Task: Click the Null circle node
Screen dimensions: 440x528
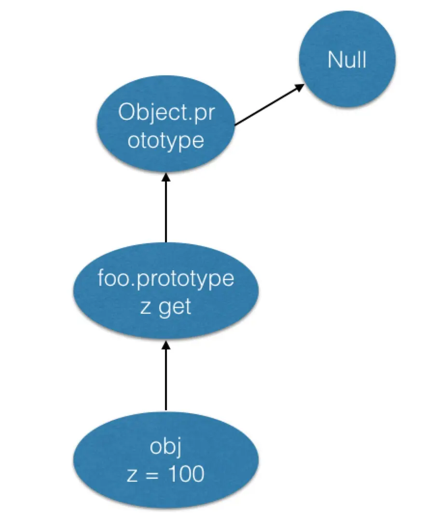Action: pyautogui.click(x=347, y=59)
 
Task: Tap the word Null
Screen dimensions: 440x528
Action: pyautogui.click(x=347, y=60)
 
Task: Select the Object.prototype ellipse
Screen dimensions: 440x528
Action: pyautogui.click(x=165, y=124)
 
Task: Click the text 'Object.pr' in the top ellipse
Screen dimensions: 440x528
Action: pyautogui.click(x=166, y=112)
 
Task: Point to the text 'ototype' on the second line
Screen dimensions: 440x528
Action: pyautogui.click(x=166, y=140)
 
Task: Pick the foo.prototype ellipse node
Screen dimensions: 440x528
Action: pyautogui.click(x=165, y=291)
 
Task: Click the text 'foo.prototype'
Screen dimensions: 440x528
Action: pyautogui.click(x=166, y=279)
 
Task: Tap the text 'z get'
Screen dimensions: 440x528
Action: pyautogui.click(x=165, y=307)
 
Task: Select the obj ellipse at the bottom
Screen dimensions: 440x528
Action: pyautogui.click(x=165, y=459)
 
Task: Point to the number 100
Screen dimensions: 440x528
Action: pyautogui.click(x=186, y=474)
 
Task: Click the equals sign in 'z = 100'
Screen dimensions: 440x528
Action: pyautogui.click(x=152, y=475)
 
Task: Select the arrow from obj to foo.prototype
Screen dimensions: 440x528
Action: pyautogui.click(x=165, y=376)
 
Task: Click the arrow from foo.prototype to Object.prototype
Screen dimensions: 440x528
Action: pyautogui.click(x=165, y=208)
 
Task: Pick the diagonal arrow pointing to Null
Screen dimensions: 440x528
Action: pyautogui.click(x=269, y=105)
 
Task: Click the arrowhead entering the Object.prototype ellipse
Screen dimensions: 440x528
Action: pyautogui.click(x=165, y=177)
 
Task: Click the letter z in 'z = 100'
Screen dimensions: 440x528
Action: pyautogui.click(x=132, y=475)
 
